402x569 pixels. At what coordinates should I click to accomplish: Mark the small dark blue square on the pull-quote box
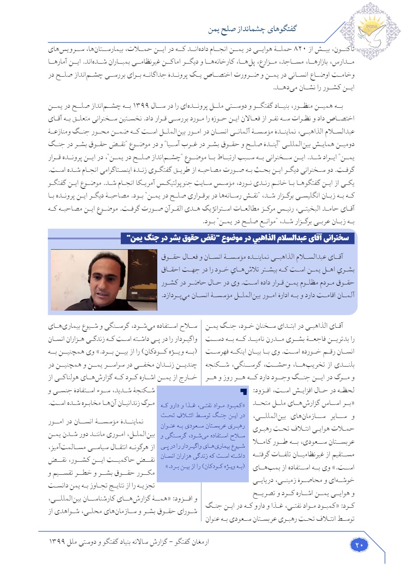coord(244,391)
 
